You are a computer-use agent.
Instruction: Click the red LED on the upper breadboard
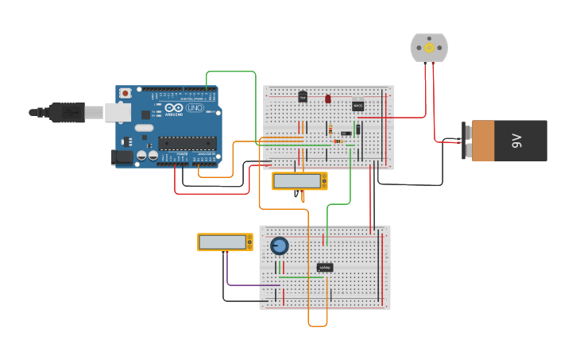coord(327,99)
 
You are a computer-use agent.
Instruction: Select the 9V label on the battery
coord(517,141)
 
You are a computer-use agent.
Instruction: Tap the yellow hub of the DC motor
coord(429,48)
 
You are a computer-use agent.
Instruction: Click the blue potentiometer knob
coord(279,246)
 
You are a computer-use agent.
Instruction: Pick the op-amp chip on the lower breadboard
coord(324,268)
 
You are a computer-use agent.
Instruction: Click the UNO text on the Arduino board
coord(194,108)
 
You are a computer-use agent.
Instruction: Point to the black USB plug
coord(67,113)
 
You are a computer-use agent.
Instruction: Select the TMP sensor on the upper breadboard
coord(302,97)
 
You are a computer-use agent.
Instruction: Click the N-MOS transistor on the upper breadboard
coord(358,106)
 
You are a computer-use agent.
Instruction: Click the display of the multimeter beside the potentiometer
coord(222,242)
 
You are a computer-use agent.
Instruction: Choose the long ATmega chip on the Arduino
coord(187,143)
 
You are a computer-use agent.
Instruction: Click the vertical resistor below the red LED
coord(330,130)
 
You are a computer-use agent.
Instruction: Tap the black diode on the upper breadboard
coord(358,129)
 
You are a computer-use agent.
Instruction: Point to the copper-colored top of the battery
coord(482,141)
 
